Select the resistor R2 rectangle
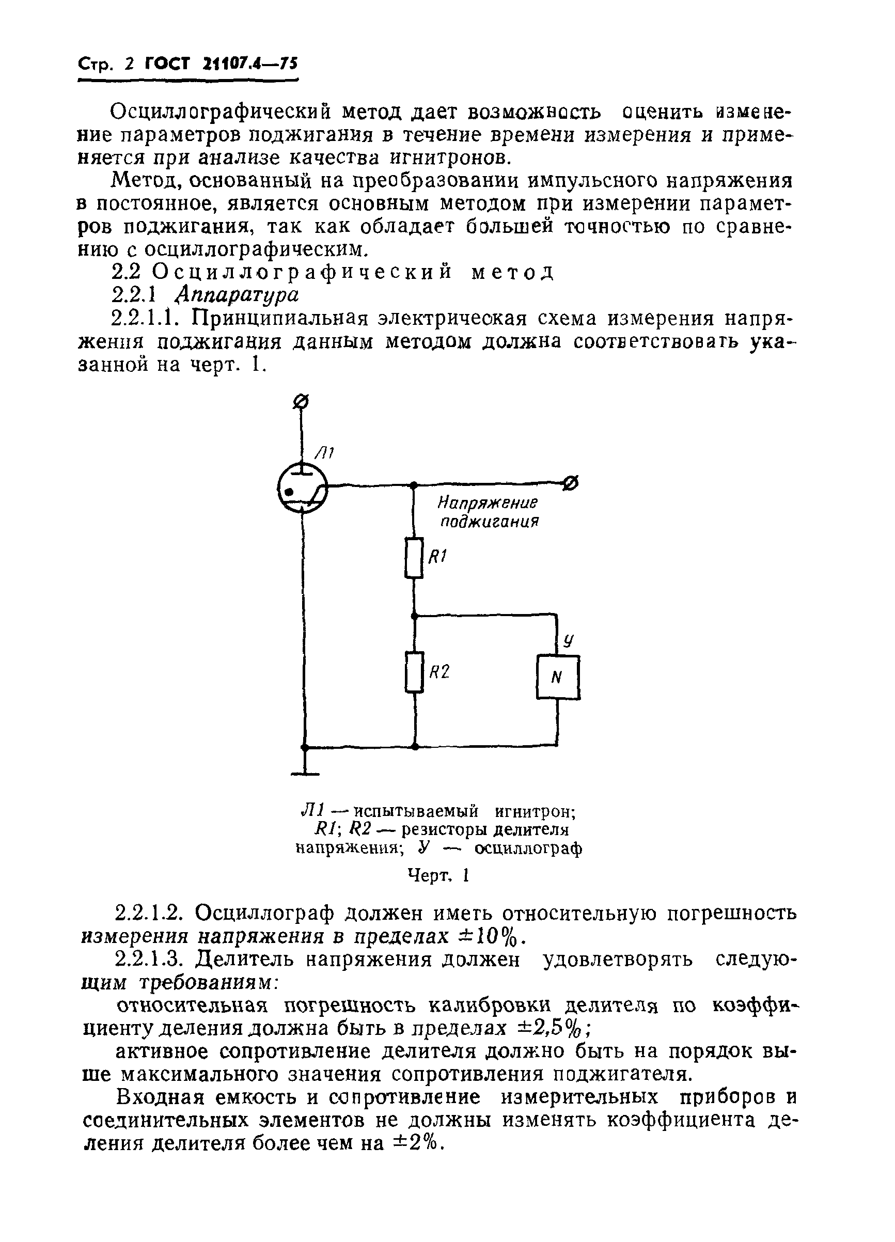414,672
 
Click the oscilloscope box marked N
557,678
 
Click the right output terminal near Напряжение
571,483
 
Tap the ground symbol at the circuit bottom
305,773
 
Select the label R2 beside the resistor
439,672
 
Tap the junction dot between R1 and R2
415,616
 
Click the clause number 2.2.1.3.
150,960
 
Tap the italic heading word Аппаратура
237,295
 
